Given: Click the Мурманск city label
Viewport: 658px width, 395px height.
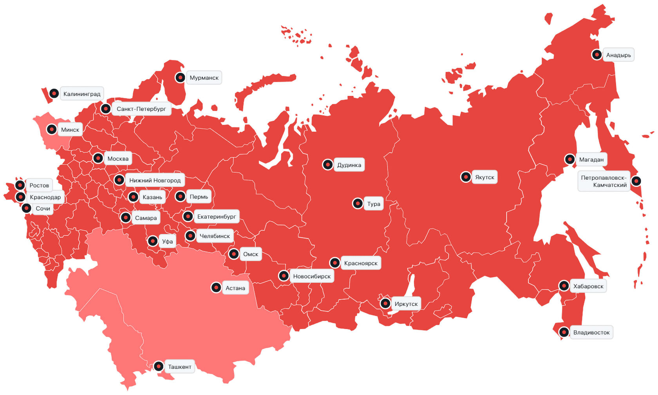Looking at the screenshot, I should pos(204,78).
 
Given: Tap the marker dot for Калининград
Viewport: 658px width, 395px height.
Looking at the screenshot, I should pos(54,93).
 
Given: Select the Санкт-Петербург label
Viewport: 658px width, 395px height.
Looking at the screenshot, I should pos(141,109).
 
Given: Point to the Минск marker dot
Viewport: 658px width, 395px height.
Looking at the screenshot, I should pos(52,129).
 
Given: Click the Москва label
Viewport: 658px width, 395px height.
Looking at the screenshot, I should pos(118,158).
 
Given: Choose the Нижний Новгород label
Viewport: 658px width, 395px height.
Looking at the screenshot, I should pos(155,180).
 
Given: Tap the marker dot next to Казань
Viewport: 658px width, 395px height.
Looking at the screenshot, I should pos(133,197).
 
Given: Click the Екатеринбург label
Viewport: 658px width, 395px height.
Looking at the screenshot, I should pos(216,216).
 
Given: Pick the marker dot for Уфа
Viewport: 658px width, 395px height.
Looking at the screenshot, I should pos(153,241).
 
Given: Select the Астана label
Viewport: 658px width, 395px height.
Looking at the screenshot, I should pos(235,288).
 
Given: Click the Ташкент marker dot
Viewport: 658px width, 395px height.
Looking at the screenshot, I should pos(159,366).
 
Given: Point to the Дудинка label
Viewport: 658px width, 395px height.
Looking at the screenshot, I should pos(349,165).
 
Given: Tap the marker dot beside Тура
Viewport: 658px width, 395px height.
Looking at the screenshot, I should pos(358,203).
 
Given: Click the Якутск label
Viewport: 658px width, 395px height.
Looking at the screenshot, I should pos(484,177).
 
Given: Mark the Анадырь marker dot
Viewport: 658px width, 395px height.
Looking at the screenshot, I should pos(597,55).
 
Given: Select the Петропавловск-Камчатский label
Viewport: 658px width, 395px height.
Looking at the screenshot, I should pos(604,181).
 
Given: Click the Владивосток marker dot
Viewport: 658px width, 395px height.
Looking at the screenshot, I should pos(564,332).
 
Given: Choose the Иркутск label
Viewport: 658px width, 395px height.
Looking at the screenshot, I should pos(406,304).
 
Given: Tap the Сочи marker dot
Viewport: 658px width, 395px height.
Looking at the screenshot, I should pos(26,208).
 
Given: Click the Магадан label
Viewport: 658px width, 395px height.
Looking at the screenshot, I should pos(591,159).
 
